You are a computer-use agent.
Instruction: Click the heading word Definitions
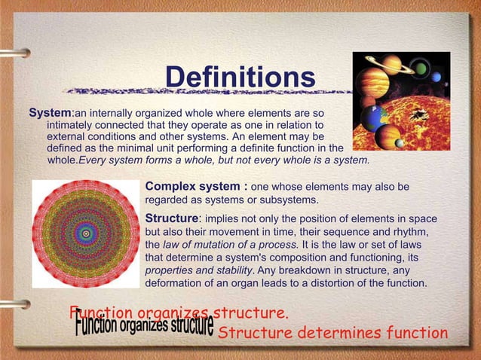(x=240, y=77)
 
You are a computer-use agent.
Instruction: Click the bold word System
(x=49, y=113)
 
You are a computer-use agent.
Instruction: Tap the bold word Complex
(x=171, y=186)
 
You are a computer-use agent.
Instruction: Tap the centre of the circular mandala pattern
(x=86, y=233)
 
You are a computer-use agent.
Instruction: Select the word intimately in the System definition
(x=74, y=125)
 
